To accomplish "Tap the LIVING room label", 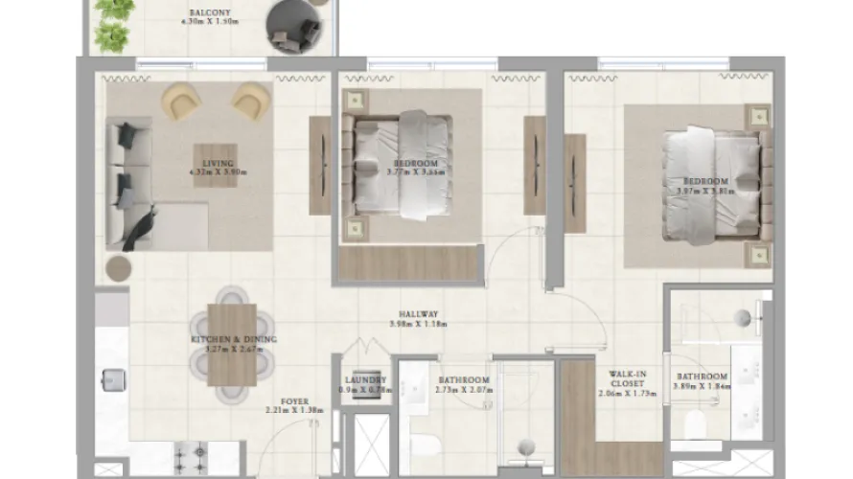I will click(x=218, y=163).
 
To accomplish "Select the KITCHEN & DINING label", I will click(x=233, y=339).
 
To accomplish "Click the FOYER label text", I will click(x=294, y=401).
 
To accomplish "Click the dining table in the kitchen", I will click(x=232, y=343).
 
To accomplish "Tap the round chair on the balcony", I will click(x=290, y=26).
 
